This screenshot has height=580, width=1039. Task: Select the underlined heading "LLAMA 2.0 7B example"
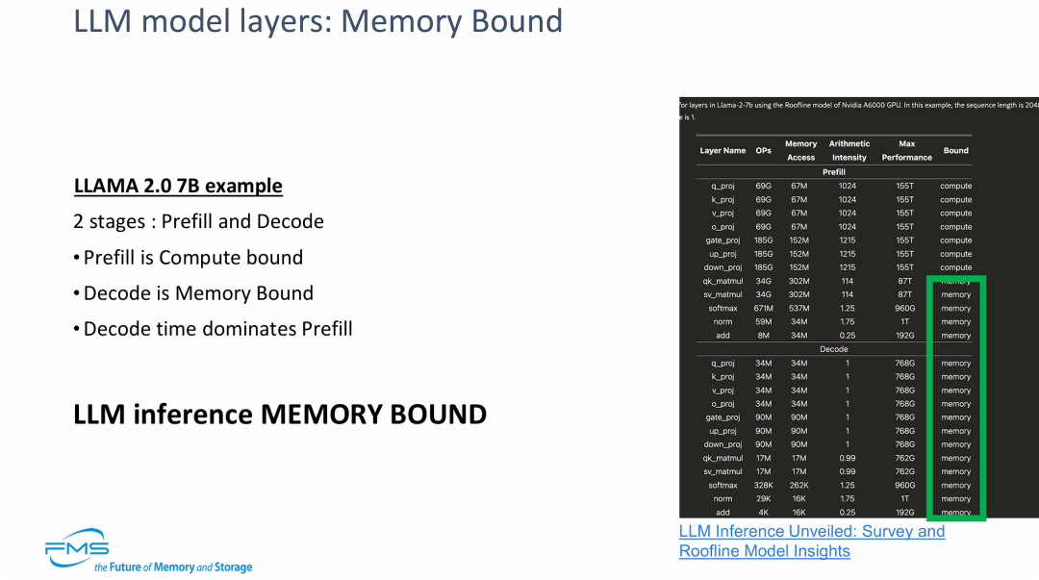point(178,186)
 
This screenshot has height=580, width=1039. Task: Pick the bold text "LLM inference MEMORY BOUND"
point(280,415)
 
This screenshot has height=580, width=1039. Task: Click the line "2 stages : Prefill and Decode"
point(198,221)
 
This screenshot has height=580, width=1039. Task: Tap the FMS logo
point(77,546)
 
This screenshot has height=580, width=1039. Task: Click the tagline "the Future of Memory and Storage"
point(173,567)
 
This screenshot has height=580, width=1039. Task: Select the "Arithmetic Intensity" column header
point(849,151)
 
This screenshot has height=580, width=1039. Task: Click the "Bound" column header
point(955,151)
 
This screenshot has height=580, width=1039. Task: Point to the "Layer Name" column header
point(722,151)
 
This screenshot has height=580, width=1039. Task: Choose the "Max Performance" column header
point(906,151)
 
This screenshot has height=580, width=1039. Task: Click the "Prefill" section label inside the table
point(833,172)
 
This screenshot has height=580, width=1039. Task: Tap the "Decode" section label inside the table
point(833,349)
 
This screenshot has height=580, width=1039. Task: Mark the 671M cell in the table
point(764,309)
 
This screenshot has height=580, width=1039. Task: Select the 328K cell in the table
point(764,486)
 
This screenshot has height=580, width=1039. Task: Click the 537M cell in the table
point(799,309)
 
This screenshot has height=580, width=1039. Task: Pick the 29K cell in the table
point(764,499)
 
